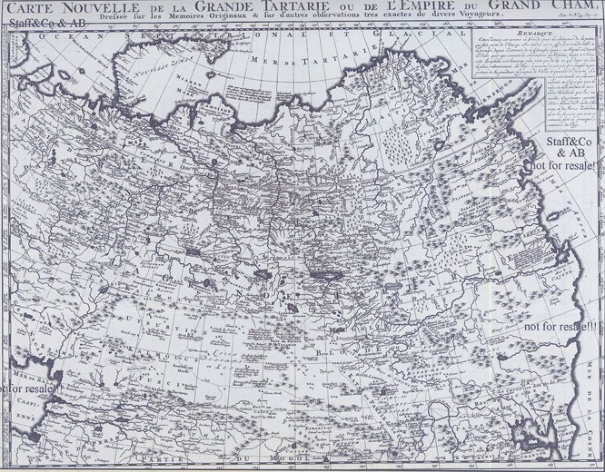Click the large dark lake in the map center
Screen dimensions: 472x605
[x=321, y=273]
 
